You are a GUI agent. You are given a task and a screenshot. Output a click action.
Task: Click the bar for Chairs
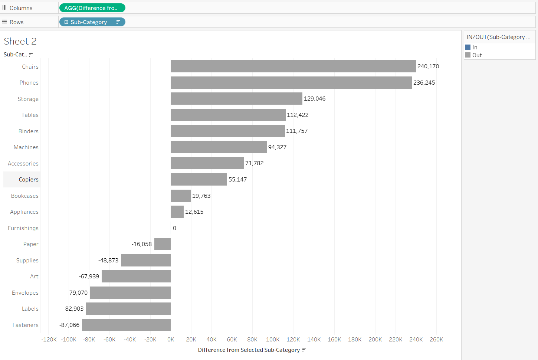click(x=293, y=66)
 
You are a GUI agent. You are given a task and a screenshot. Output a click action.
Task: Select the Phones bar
click(x=291, y=82)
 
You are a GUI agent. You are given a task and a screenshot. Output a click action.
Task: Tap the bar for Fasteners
click(x=126, y=325)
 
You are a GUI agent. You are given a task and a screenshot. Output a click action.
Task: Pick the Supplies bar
click(x=146, y=260)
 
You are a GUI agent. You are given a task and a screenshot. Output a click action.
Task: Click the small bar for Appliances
click(x=177, y=212)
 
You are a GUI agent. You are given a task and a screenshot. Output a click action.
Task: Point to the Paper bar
click(x=163, y=244)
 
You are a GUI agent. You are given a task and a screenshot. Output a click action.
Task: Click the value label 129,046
click(x=315, y=99)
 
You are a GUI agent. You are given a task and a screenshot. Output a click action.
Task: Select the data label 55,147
click(x=237, y=180)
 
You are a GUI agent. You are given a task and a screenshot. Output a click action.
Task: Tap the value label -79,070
click(x=78, y=293)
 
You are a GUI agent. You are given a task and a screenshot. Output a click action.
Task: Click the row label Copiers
click(x=29, y=180)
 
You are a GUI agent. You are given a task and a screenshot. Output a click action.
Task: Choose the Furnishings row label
click(x=23, y=228)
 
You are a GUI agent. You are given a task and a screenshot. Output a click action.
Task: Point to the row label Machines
click(x=26, y=147)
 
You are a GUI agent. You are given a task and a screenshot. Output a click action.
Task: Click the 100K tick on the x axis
click(x=273, y=340)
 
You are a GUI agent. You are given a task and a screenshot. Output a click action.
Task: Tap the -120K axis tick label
click(x=49, y=340)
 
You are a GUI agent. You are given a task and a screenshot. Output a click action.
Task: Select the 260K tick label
click(x=436, y=340)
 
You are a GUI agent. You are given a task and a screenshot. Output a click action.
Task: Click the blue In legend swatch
click(x=468, y=47)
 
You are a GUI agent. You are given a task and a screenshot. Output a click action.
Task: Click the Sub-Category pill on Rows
click(x=92, y=22)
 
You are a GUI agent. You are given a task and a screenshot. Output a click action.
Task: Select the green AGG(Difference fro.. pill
click(x=92, y=8)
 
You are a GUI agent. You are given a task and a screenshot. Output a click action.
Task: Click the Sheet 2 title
click(x=20, y=41)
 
